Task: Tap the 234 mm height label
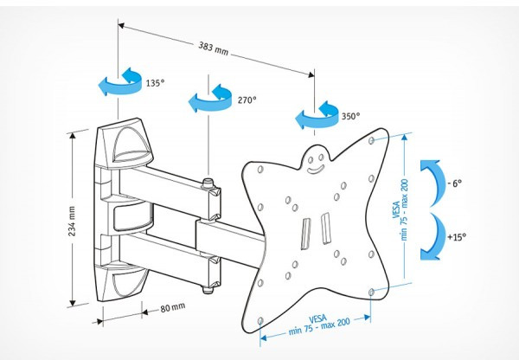[x=74, y=221]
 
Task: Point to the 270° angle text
[x=247, y=100]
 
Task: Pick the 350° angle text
[x=349, y=116]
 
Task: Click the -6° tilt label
[x=455, y=184]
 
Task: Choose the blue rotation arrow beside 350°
[x=315, y=115]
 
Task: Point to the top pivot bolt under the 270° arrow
[x=208, y=183]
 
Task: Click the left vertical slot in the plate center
[x=305, y=232]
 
